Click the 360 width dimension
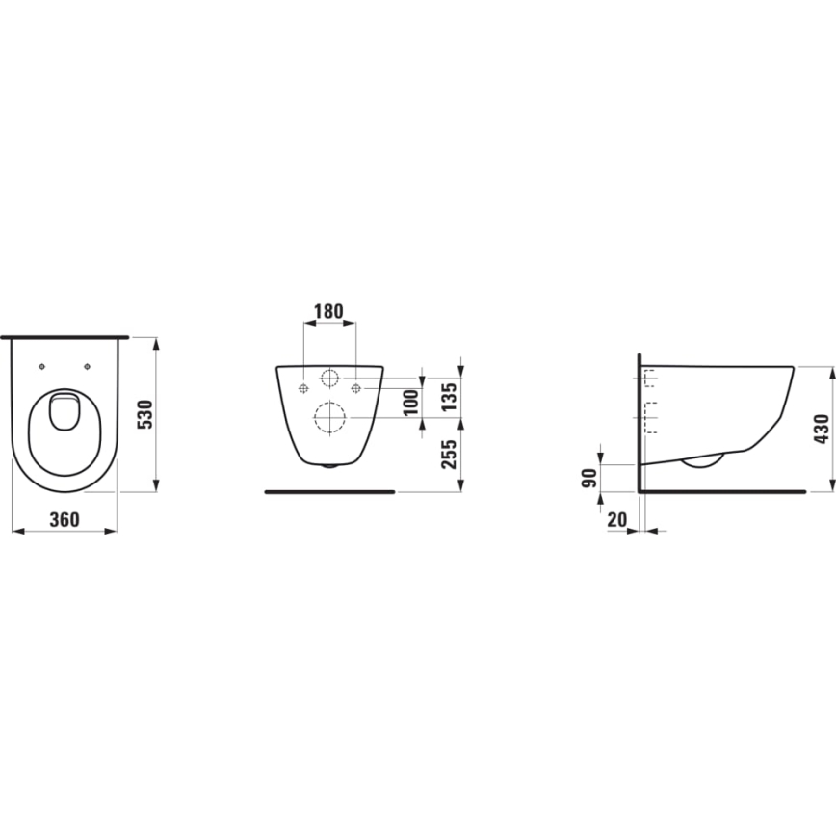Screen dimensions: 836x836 tap(64, 519)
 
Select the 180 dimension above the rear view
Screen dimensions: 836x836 tap(329, 312)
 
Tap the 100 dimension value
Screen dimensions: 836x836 tap(412, 402)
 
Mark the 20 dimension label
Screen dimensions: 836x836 tap(617, 519)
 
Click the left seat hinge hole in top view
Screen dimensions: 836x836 tap(43, 366)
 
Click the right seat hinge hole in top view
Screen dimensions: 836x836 tap(88, 366)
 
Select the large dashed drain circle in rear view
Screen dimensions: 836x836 tap(329, 416)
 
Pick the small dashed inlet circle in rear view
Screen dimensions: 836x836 tap(329, 378)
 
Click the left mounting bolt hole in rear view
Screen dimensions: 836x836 tap(303, 388)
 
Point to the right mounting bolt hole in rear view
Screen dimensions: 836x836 tap(356, 388)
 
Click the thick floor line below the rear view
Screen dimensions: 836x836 tap(329, 491)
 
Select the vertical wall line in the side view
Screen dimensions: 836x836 tap(640, 424)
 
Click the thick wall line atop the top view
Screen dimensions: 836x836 tap(65, 337)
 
